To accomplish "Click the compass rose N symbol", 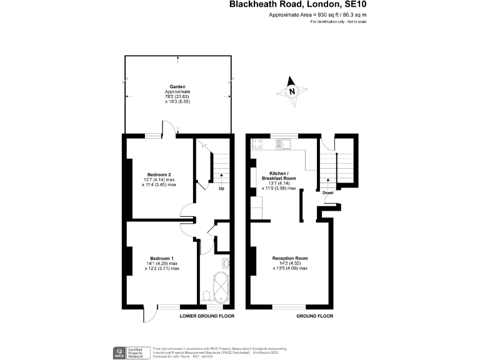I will click(x=292, y=91).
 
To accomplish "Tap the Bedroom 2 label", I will click(x=159, y=174).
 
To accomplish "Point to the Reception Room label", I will click(x=289, y=258).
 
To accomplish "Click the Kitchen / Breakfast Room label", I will click(x=278, y=175).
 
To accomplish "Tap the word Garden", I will click(x=177, y=87).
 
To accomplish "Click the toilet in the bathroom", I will click(x=207, y=295).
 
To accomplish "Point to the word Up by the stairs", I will click(x=221, y=188).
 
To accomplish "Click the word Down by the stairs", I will click(x=328, y=192).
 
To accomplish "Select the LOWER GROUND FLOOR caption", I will click(x=207, y=316).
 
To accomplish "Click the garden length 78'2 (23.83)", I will click(x=177, y=97).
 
